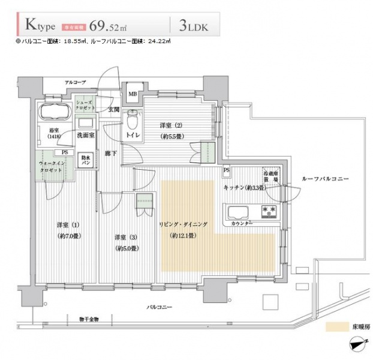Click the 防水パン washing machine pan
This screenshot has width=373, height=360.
pos(86,161)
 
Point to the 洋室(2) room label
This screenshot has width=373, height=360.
pos(170,125)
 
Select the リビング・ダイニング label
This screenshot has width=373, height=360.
pos(182,224)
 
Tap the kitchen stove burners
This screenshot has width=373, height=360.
pos(267,211)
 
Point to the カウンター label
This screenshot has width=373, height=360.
pos(241,223)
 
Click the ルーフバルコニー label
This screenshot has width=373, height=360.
pos(326,179)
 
